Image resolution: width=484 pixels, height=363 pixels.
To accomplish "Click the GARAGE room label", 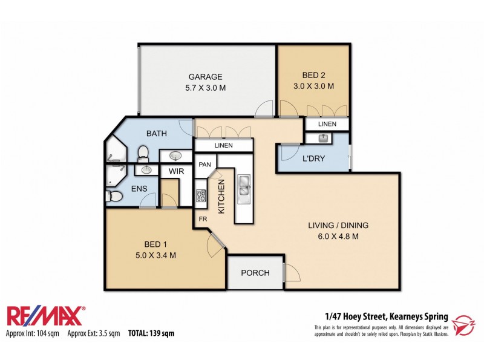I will pos(206,77).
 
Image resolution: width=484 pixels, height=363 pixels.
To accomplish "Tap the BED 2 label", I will pos(314,75).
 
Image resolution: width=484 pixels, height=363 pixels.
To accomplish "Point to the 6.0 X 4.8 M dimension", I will pos(338,237).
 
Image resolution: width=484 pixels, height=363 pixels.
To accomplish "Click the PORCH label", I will pos(255,273).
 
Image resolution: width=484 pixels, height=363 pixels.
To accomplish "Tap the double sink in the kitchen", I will pos(244,186).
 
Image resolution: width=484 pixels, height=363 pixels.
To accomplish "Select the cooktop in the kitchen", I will pos(201,196).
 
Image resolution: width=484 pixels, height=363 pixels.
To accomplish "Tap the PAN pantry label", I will pos(204,164).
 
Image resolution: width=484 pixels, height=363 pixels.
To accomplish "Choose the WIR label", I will pos(176,172).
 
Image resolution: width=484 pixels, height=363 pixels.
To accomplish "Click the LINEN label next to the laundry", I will pos(327,123).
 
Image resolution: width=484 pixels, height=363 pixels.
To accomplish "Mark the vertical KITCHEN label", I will pos(221,197).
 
